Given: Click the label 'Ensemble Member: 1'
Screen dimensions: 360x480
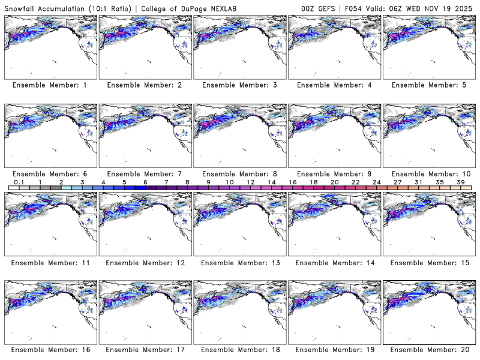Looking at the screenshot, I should point(49,85).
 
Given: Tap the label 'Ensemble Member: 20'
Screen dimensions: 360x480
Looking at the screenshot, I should point(429,349).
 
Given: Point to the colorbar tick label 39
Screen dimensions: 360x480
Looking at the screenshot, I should point(461,182).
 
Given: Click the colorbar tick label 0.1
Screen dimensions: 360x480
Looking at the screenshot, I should point(19,182).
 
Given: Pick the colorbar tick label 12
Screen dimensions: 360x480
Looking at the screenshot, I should point(250,182).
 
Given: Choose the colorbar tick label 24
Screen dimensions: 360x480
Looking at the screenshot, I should point(376,182).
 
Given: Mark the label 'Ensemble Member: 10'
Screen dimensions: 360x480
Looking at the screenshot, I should point(429,173).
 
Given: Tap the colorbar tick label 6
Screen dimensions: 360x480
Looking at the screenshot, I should point(145,182).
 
